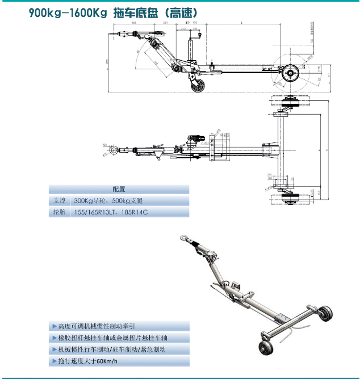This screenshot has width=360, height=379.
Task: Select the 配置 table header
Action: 119,189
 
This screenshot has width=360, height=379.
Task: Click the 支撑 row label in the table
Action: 60,201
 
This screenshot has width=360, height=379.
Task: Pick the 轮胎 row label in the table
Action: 60,212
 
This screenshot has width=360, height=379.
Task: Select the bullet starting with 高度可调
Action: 93,326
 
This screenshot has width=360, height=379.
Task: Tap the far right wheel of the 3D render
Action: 325,313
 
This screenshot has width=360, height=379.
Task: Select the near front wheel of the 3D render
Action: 266,348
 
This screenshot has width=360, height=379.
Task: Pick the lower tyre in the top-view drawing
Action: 291,197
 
